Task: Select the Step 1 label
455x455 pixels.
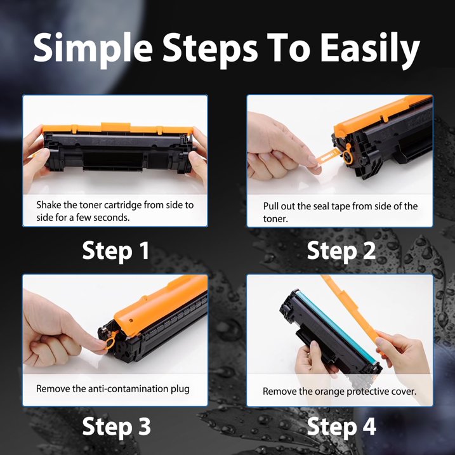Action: coord(115,251)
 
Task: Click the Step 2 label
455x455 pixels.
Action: coord(341,251)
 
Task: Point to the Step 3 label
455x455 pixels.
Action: coord(115,427)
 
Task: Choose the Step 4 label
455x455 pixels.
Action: coord(341,427)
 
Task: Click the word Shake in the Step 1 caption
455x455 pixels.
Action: coord(49,205)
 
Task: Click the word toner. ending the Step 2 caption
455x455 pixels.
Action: coord(275,218)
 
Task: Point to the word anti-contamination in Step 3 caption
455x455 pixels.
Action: coord(124,388)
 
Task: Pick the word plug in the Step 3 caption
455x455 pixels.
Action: coord(180,388)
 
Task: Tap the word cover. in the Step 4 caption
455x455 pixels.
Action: coord(402,391)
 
